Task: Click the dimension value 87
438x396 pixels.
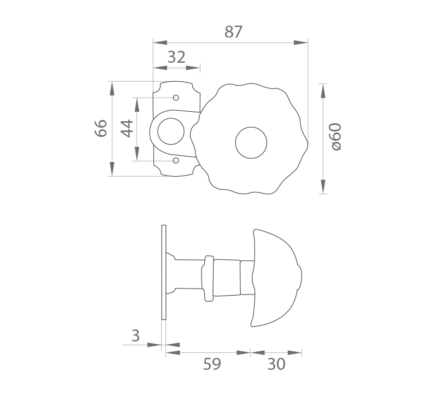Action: (x=233, y=32)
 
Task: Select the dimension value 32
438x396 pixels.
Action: (x=176, y=57)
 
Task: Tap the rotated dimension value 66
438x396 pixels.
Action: (x=101, y=128)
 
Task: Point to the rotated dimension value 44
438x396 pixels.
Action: (x=127, y=128)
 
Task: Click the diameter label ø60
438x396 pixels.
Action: (x=336, y=137)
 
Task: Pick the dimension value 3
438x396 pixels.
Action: (x=135, y=335)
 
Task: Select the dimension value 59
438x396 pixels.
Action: (x=212, y=364)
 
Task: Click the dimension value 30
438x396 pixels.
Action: (x=276, y=364)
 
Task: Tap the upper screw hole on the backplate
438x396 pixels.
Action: (x=176, y=98)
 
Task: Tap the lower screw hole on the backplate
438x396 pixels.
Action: (x=176, y=160)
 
